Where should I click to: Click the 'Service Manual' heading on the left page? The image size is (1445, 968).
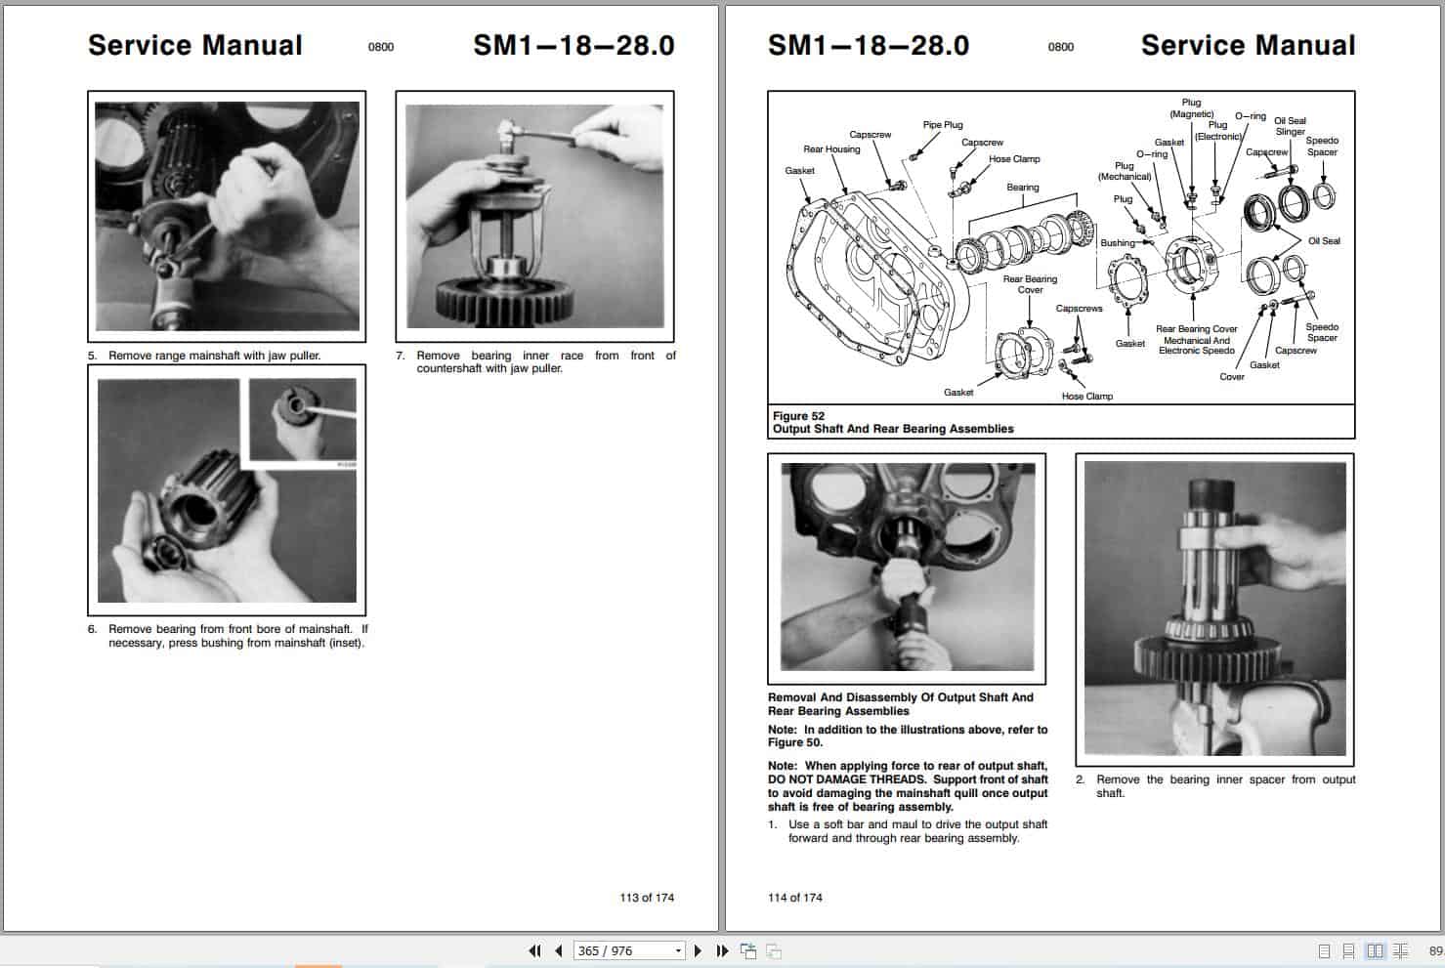click(195, 45)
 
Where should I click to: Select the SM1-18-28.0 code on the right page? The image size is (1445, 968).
click(868, 45)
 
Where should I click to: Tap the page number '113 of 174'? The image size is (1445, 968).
click(646, 898)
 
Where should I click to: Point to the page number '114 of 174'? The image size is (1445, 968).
click(795, 898)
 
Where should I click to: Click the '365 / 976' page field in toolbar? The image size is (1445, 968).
click(625, 950)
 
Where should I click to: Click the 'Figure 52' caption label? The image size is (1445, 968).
click(798, 416)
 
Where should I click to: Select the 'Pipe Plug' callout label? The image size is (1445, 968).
click(943, 125)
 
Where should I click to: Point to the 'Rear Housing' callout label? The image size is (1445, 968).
click(831, 149)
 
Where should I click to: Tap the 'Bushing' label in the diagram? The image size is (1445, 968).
click(1118, 243)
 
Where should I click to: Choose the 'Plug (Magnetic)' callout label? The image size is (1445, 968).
click(1191, 108)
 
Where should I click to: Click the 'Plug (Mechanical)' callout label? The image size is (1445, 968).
click(1125, 171)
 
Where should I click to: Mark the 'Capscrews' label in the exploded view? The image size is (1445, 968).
click(1079, 309)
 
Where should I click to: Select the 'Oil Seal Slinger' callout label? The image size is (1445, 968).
click(1290, 126)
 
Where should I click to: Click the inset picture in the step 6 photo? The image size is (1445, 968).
click(302, 419)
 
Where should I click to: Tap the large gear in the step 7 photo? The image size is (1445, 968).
click(500, 302)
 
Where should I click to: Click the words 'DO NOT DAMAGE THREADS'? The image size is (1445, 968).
click(846, 779)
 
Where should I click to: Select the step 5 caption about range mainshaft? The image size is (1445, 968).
click(214, 356)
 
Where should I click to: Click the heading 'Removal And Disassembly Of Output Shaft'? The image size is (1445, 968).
click(900, 697)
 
